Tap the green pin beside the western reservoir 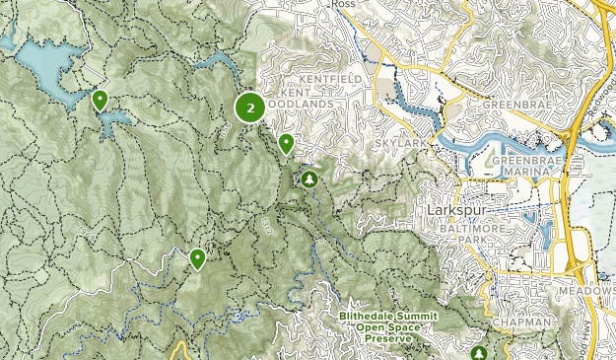tap(100, 100)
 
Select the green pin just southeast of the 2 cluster tap(286, 143)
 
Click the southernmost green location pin tap(197, 258)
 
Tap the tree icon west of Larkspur tap(309, 179)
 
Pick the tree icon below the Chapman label tap(480, 352)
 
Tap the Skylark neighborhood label tap(393, 144)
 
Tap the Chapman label tap(517, 322)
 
